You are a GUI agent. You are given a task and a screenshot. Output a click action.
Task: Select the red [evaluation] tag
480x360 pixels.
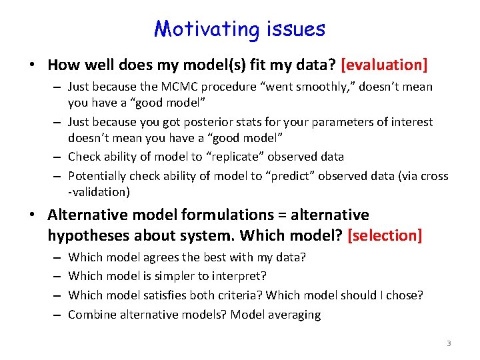pyautogui.click(x=384, y=65)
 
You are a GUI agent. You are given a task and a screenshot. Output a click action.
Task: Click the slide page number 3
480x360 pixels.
pyautogui.click(x=449, y=343)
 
